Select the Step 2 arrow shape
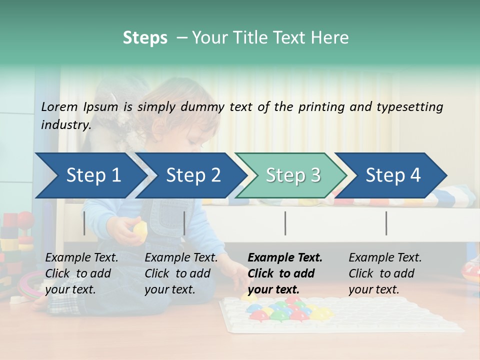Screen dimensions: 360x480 193,175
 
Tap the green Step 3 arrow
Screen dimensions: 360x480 293,175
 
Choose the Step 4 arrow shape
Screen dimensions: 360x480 393,175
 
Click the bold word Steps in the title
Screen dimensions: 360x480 145,38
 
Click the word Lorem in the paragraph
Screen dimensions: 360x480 59,107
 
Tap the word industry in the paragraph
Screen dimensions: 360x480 65,125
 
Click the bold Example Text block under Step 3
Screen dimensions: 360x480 285,273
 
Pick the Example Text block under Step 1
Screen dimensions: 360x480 81,273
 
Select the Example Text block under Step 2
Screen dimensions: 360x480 181,273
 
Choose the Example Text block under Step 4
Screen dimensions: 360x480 385,273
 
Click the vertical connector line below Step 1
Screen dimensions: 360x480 84,223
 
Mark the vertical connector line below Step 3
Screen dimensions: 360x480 285,223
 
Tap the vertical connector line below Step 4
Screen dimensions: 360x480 386,223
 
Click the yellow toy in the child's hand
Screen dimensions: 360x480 140,229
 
